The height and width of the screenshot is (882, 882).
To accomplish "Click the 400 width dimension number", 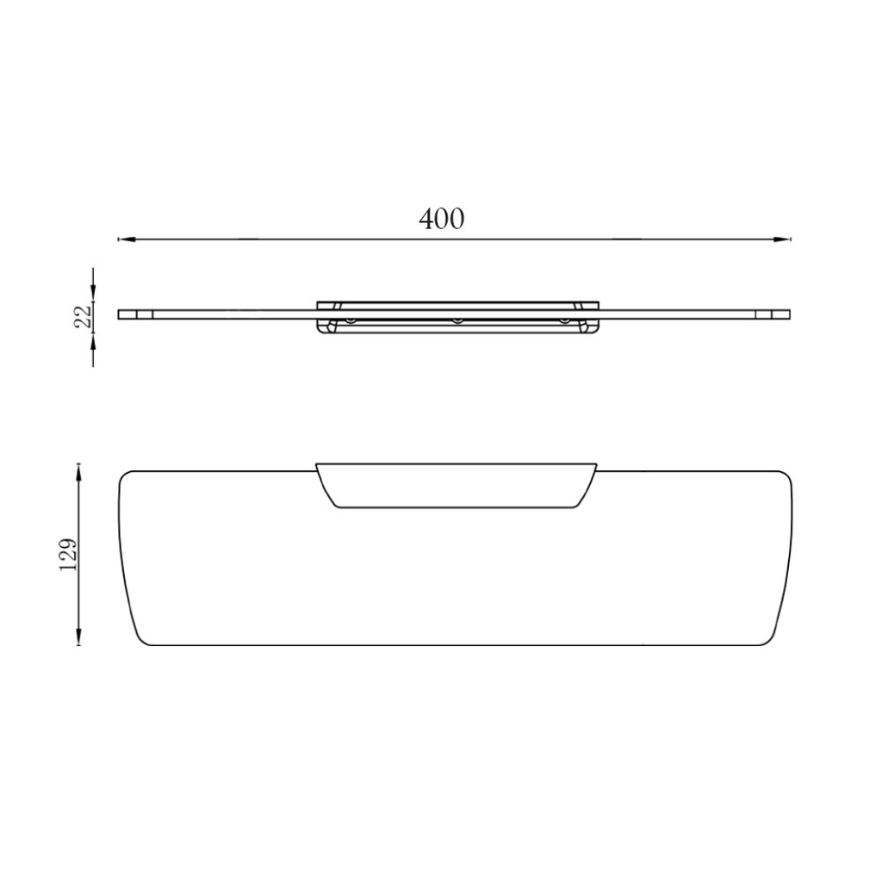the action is (x=442, y=219).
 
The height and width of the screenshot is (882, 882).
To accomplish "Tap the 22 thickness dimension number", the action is (x=82, y=316).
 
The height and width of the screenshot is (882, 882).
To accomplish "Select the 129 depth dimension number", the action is (x=69, y=556).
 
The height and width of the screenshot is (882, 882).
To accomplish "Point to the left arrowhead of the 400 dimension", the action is (x=127, y=239).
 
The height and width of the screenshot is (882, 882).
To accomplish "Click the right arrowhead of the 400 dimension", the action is (x=782, y=239).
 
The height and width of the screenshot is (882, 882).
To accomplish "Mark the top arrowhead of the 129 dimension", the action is (x=78, y=472).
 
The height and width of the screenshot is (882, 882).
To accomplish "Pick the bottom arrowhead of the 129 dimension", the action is (x=78, y=637).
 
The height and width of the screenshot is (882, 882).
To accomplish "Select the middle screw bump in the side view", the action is (x=458, y=320).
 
